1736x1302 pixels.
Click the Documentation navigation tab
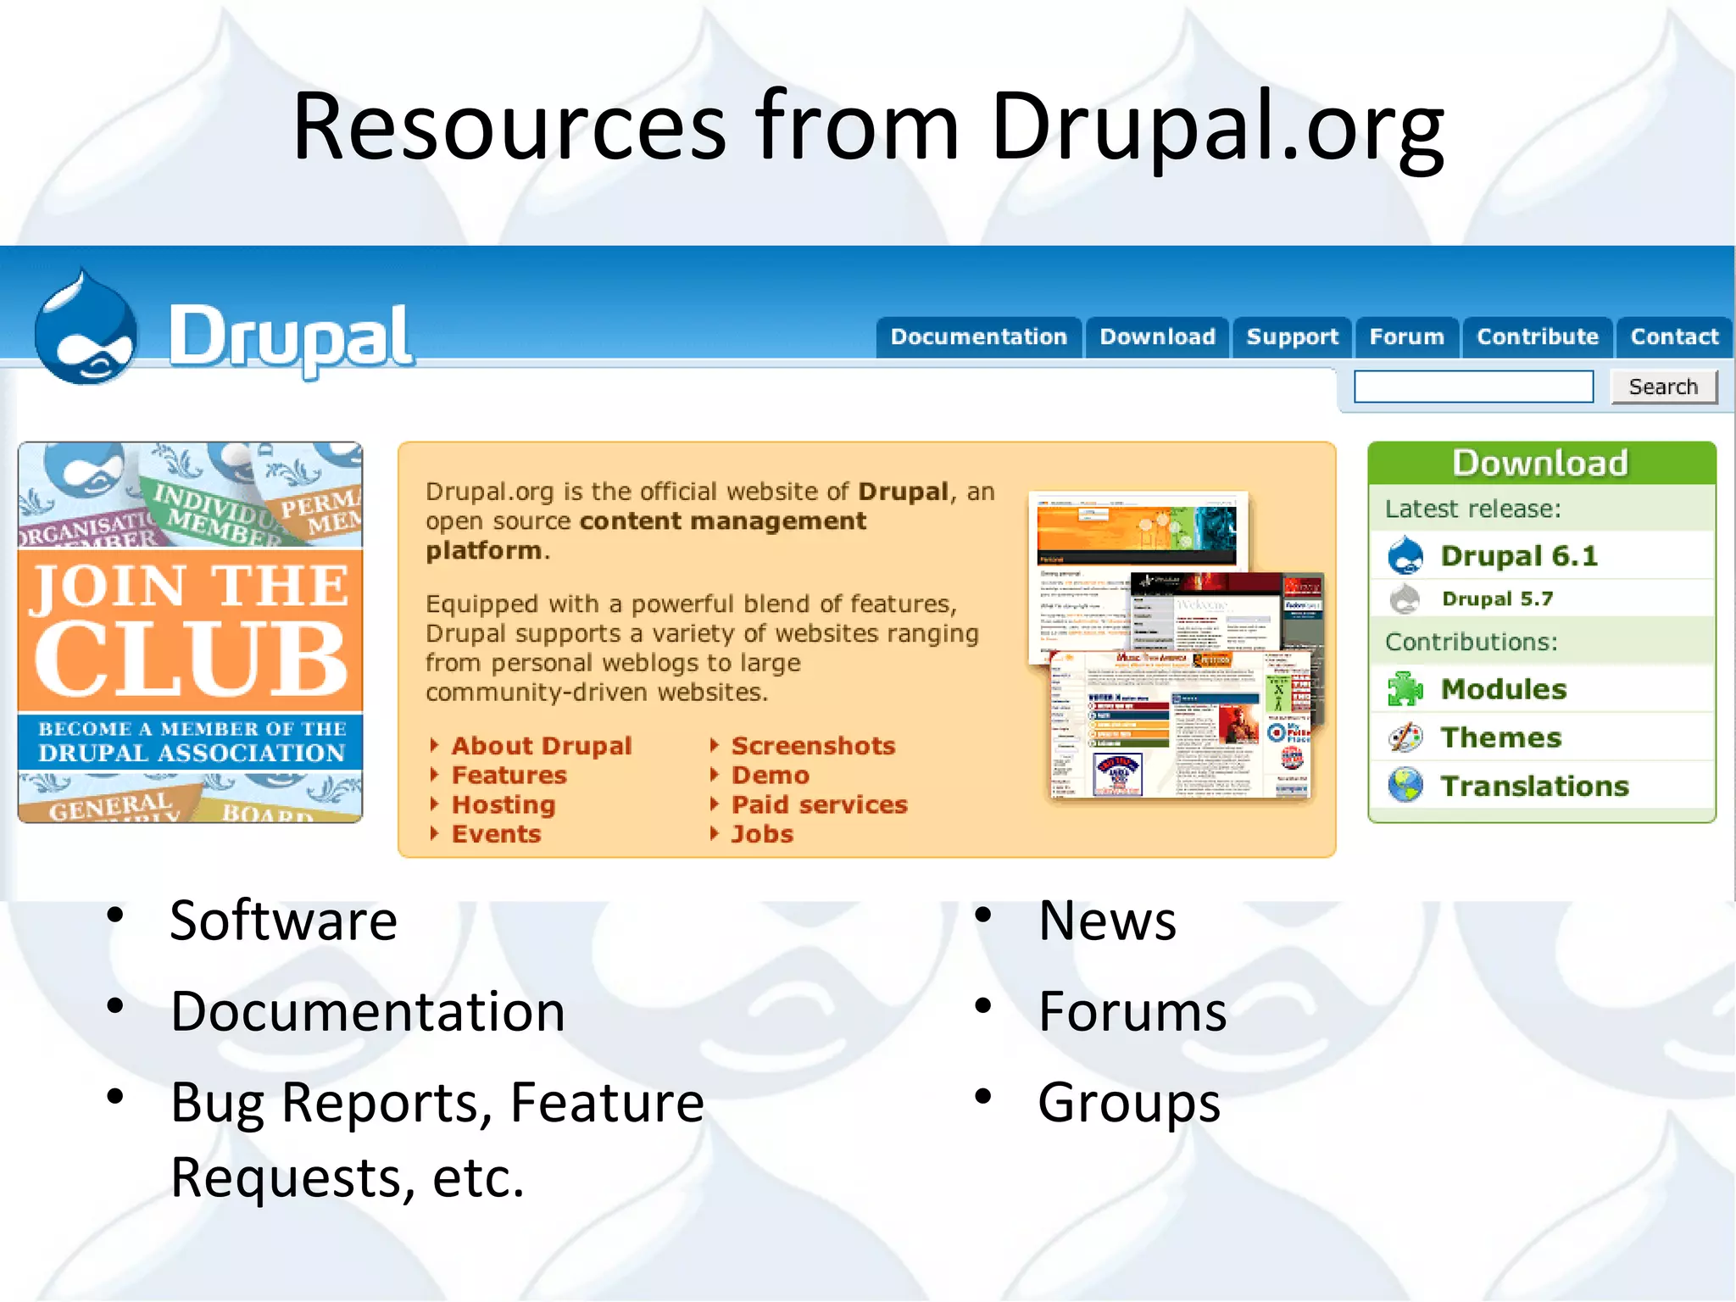[x=978, y=337]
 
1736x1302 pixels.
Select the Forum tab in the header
[x=1406, y=337]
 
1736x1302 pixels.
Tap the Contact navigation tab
[x=1674, y=337]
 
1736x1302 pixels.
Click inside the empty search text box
[x=1473, y=387]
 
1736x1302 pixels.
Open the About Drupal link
[x=541, y=746]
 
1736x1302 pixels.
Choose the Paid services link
[x=819, y=804]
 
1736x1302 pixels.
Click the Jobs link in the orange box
[x=762, y=834]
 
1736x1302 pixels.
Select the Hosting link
[x=504, y=804]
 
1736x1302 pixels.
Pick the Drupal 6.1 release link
[x=1518, y=556]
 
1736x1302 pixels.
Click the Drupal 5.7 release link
[x=1497, y=599]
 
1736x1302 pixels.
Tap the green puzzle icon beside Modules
[x=1405, y=689]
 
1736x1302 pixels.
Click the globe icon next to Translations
[x=1405, y=785]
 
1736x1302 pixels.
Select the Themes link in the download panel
[x=1500, y=737]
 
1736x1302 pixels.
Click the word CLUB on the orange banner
[x=191, y=657]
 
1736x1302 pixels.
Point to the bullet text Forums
[x=1132, y=1011]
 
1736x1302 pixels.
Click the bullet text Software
[x=283, y=921]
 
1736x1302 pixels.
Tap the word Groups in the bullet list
[x=1128, y=1103]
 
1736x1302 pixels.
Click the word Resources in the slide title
[x=509, y=127]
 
